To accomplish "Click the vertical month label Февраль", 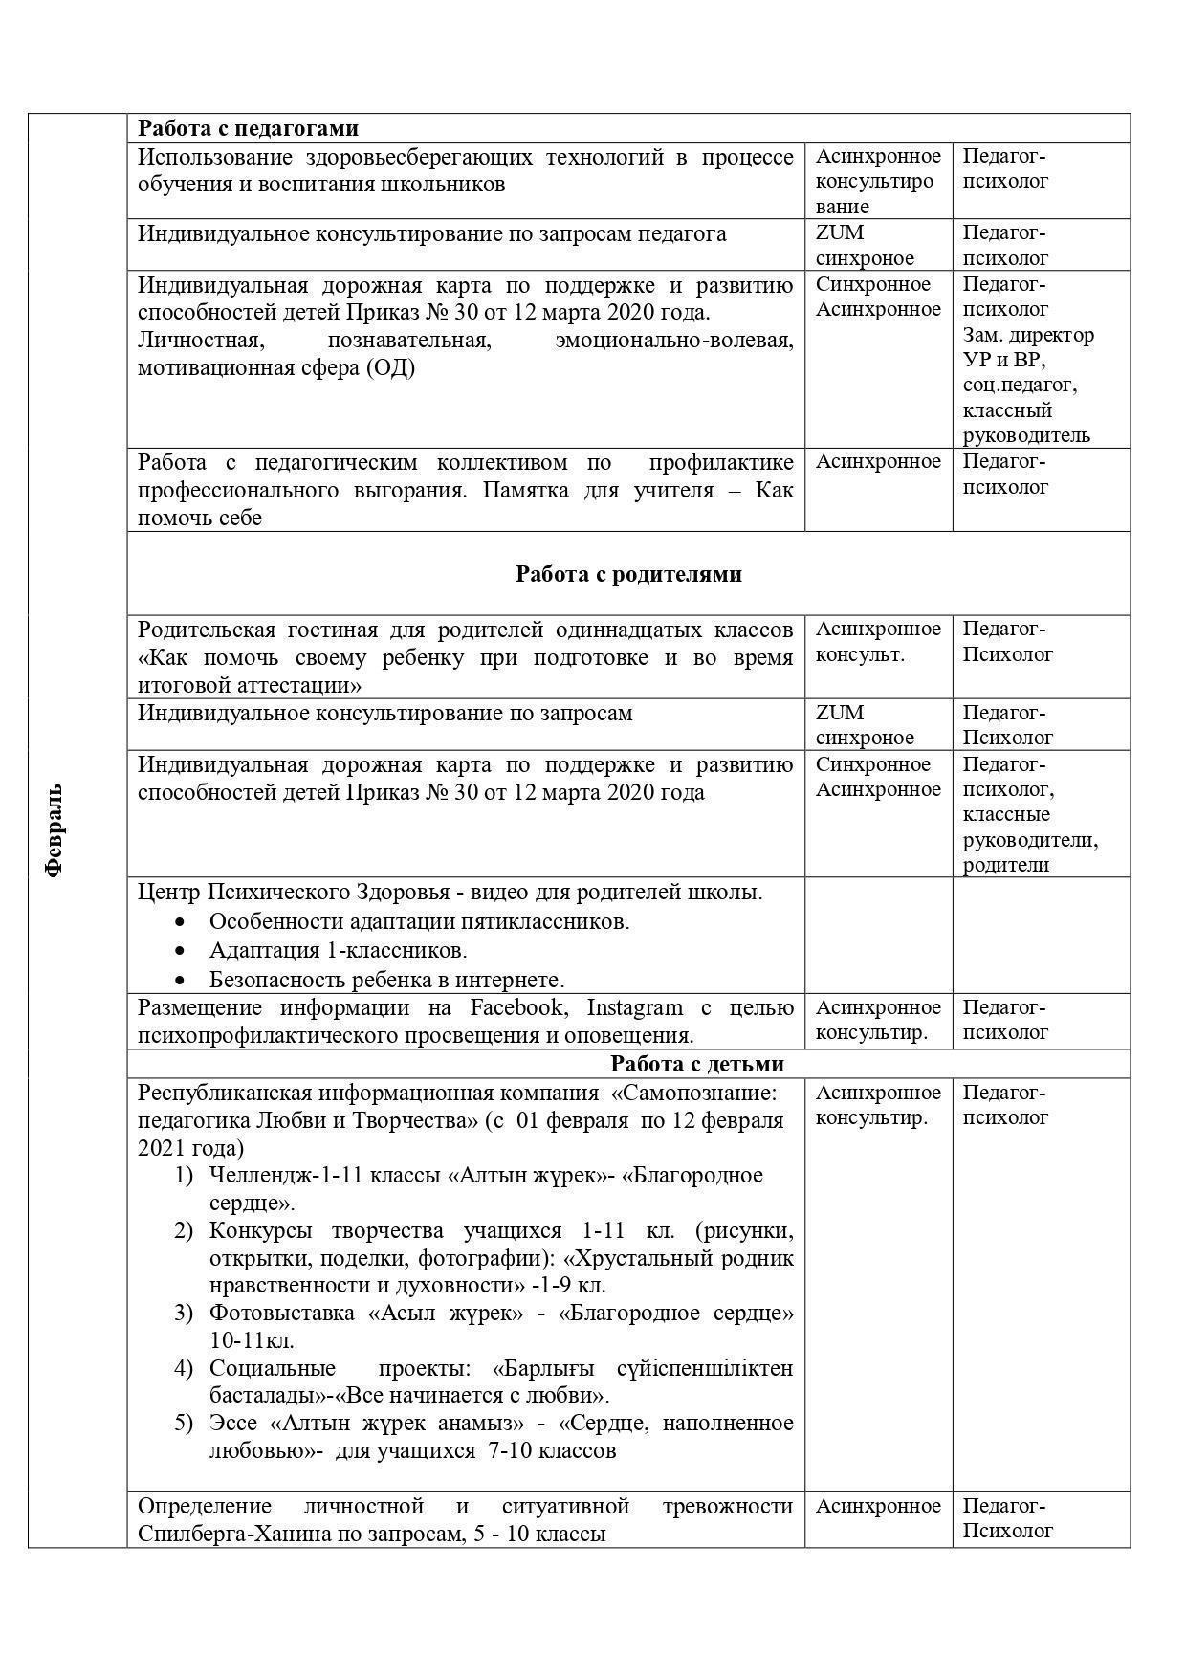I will click(x=54, y=829).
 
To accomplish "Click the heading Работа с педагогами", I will click(x=248, y=128).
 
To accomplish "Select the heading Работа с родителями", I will click(x=628, y=574).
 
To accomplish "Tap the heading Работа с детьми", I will click(x=697, y=1064).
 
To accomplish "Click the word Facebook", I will click(x=516, y=1007).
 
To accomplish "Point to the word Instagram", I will click(x=634, y=1007).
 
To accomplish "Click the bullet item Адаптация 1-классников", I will click(x=338, y=951).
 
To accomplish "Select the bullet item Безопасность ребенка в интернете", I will click(x=386, y=980).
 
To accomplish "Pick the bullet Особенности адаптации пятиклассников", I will click(x=419, y=922).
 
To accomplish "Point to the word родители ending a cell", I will click(x=1005, y=865).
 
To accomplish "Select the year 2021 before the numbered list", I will click(x=163, y=1147).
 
